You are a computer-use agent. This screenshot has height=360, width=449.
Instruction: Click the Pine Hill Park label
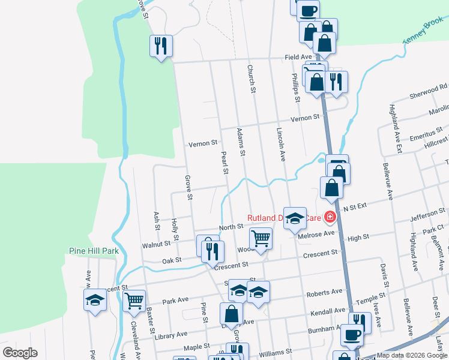click(x=93, y=251)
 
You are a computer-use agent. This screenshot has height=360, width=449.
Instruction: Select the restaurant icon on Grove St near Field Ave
click(x=161, y=46)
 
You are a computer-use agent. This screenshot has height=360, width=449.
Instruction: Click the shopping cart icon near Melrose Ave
click(x=261, y=238)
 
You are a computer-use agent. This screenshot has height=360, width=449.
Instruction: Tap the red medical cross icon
click(x=329, y=217)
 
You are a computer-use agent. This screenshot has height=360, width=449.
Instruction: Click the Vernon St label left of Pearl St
click(x=203, y=144)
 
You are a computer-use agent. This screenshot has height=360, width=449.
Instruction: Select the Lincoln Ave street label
click(x=280, y=145)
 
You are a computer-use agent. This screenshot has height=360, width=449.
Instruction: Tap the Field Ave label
click(x=298, y=58)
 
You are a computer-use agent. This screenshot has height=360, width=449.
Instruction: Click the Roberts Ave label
click(x=325, y=293)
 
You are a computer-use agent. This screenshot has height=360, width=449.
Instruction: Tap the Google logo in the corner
click(x=19, y=353)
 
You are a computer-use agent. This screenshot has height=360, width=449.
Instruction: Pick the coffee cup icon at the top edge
click(x=308, y=10)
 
